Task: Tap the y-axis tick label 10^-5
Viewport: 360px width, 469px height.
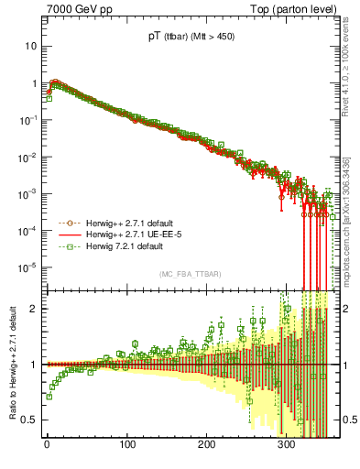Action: click(27, 267)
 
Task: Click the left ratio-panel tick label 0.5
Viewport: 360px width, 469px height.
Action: click(28, 420)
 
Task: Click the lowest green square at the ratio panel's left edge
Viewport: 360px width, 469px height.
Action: click(48, 397)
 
